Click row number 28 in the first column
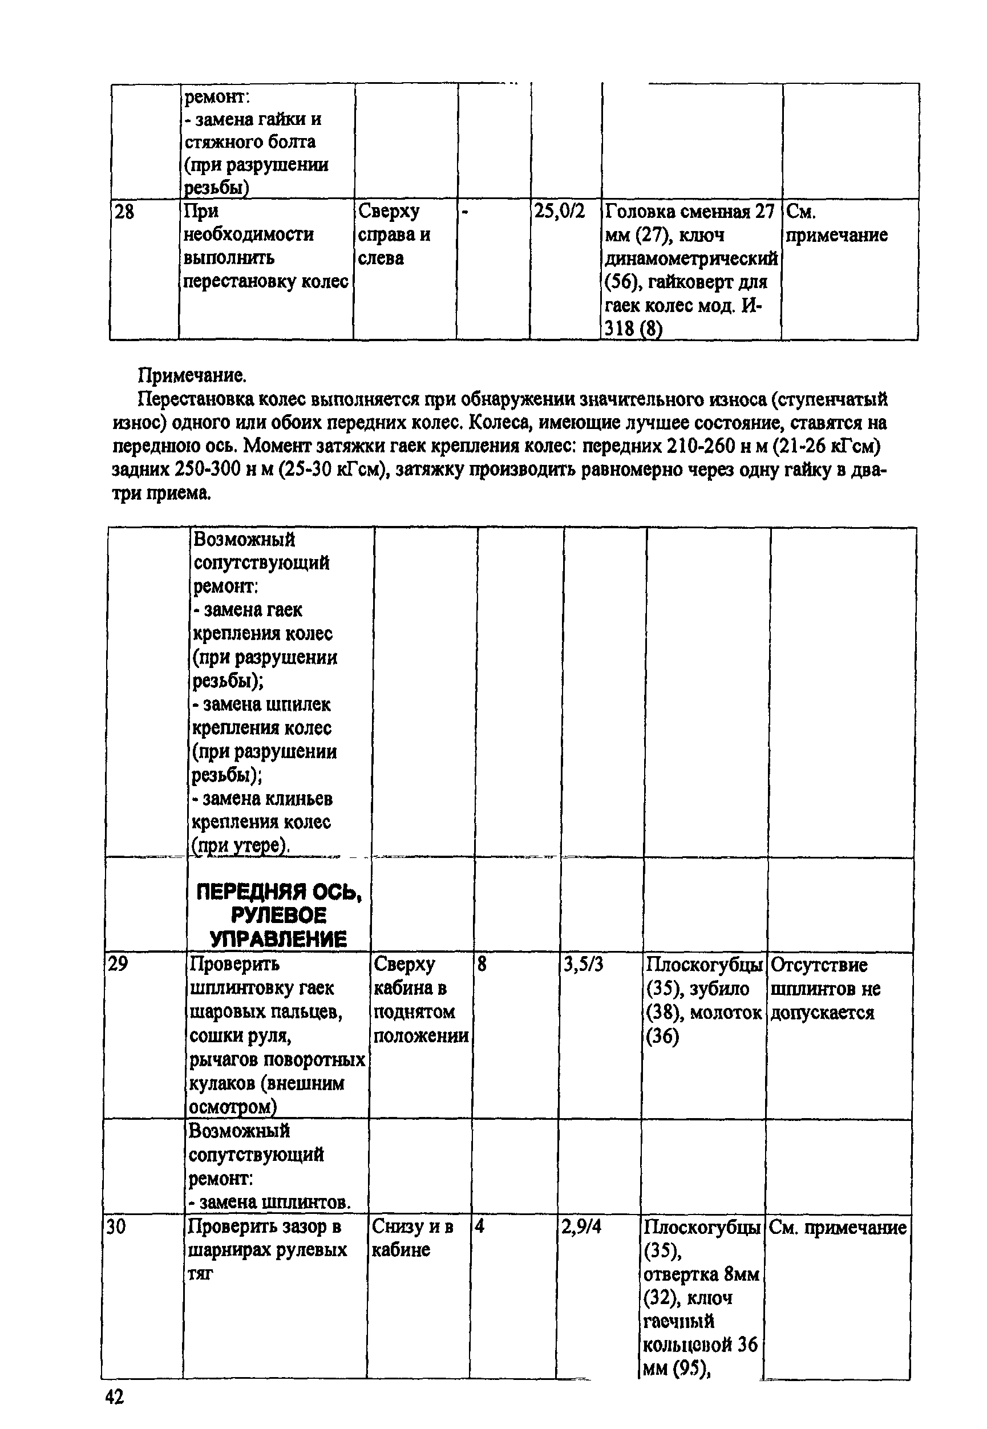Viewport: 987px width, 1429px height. (124, 212)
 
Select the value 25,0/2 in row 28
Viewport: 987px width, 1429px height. (560, 212)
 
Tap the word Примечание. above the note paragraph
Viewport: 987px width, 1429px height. (192, 375)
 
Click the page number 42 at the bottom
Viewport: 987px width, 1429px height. (115, 1396)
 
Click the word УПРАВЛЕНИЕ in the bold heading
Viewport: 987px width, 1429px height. (278, 938)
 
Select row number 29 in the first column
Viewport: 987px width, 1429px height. (118, 964)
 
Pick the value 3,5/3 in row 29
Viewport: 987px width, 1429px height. (583, 965)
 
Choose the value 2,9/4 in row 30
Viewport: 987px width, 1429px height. (581, 1227)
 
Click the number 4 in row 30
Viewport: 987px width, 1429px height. (479, 1227)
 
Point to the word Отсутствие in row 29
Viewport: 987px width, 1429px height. (819, 965)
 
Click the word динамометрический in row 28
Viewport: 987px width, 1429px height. (691, 258)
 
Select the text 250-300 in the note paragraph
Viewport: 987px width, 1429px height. (207, 470)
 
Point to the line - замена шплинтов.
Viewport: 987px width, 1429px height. (270, 1201)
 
